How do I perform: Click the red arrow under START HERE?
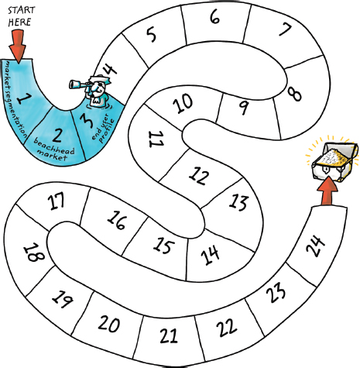coord(18,46)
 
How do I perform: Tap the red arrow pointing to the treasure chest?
coord(327,191)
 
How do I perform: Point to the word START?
coord(21,10)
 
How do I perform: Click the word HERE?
coord(19,22)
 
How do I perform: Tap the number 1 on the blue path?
coord(24,98)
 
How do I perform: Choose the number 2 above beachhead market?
coord(57,135)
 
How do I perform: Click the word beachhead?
coord(53,146)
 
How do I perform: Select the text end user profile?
coord(102,128)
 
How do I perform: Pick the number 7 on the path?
coord(285,29)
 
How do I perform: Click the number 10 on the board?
coord(183,103)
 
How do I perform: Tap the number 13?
coord(238,202)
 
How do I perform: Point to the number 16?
coord(117,219)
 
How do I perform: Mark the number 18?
coord(34,253)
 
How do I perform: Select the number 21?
coord(169,335)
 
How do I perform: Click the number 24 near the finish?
coord(315,246)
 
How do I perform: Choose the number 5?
coord(151,35)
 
